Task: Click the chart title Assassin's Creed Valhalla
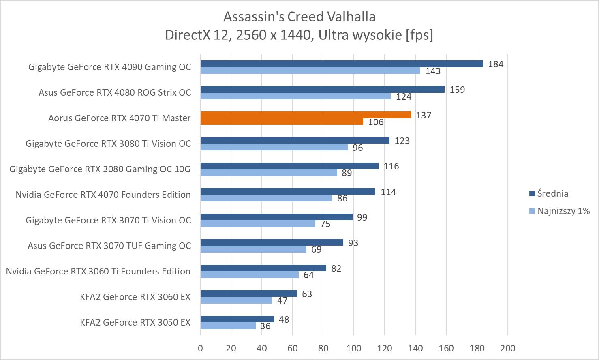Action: click(x=299, y=17)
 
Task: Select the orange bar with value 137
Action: click(x=306, y=115)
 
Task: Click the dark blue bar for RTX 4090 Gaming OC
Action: click(x=341, y=64)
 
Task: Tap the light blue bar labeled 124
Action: click(x=295, y=96)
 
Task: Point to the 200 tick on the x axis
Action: click(x=508, y=348)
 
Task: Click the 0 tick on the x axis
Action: click(x=200, y=348)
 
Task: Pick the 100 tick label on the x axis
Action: click(x=354, y=348)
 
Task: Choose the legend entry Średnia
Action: click(x=552, y=193)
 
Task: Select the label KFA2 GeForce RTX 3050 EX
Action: click(x=135, y=323)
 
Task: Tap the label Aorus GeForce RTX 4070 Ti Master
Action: click(x=120, y=118)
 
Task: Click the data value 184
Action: click(x=496, y=64)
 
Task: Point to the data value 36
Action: click(x=265, y=326)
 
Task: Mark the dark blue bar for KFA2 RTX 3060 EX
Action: click(x=248, y=294)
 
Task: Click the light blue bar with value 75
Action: click(x=258, y=223)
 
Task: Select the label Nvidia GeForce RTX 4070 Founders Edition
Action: click(x=103, y=195)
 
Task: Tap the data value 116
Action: click(x=391, y=166)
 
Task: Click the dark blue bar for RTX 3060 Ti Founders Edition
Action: click(x=263, y=268)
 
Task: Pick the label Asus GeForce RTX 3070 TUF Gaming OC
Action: click(x=109, y=246)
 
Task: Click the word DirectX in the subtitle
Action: click(x=185, y=35)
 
